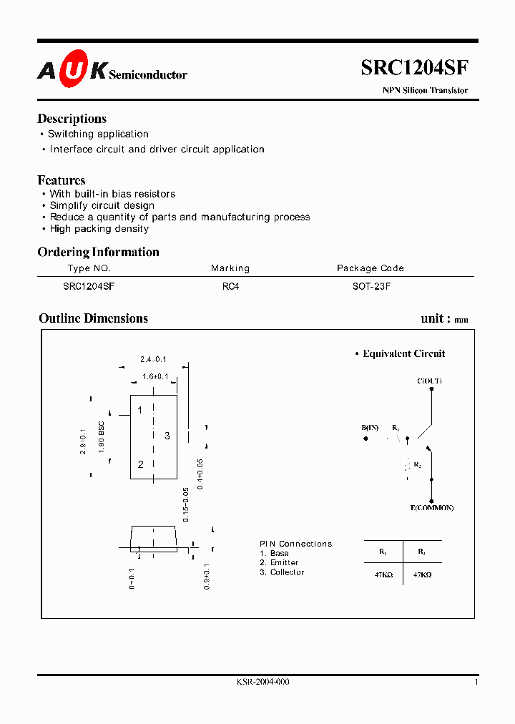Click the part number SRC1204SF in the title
[x=414, y=68]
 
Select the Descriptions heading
[x=72, y=119]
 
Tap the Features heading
[x=61, y=180]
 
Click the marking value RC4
[x=230, y=285]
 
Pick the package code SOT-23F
[x=370, y=285]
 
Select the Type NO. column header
[x=89, y=268]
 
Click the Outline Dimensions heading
[x=93, y=318]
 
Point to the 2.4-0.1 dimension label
[x=152, y=359]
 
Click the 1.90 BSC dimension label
[x=102, y=437]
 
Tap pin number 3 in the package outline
[x=167, y=436]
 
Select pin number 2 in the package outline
[x=140, y=464]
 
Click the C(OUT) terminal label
[x=429, y=381]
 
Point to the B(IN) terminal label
[x=370, y=428]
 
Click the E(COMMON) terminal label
[x=431, y=508]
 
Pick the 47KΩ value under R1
[x=383, y=574]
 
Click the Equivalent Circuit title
[x=403, y=353]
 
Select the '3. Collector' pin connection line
[x=282, y=572]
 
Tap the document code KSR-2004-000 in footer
[x=263, y=683]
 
